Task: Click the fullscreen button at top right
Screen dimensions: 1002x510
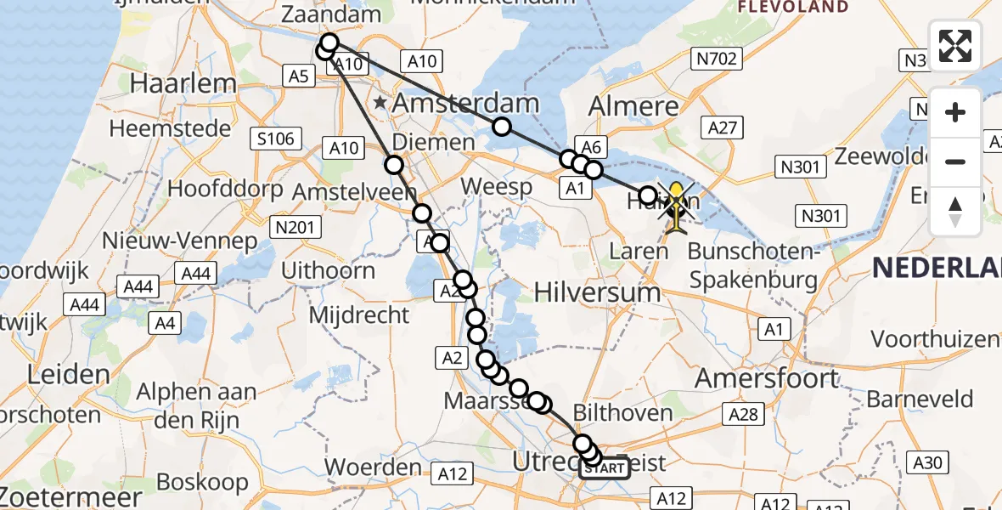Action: point(955,45)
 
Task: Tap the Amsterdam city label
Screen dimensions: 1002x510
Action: point(467,105)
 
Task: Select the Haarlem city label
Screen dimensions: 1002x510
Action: point(183,83)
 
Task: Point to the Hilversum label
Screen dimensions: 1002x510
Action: point(598,292)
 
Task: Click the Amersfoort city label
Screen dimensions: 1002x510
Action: point(767,378)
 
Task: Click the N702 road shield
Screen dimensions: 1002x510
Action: point(718,59)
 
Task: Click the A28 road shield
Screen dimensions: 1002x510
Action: point(743,414)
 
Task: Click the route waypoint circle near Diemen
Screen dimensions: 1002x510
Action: point(394,165)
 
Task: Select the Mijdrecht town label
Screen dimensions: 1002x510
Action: point(359,315)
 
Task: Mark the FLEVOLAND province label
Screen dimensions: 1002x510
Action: point(793,7)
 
